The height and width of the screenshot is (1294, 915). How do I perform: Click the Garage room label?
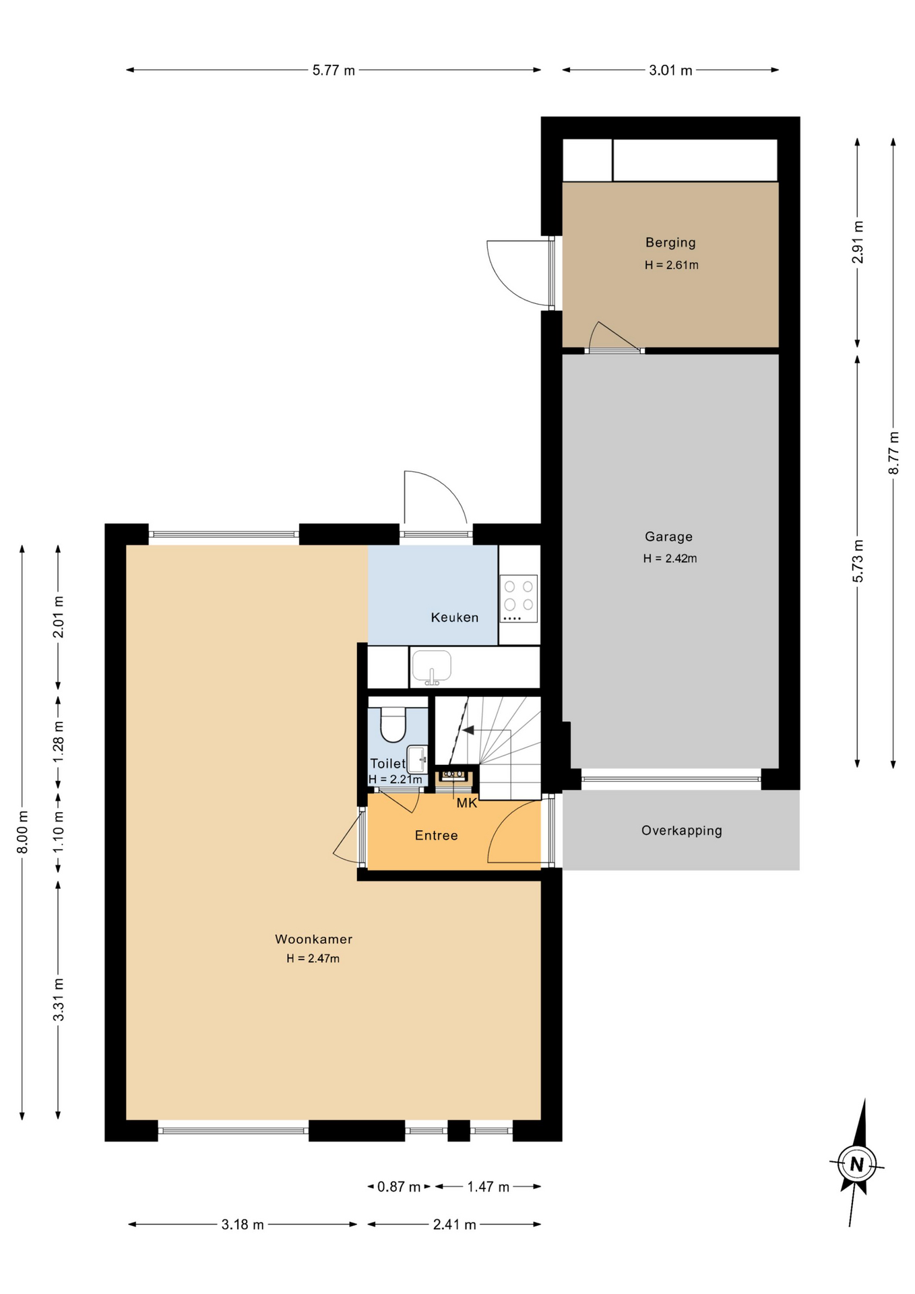[668, 536]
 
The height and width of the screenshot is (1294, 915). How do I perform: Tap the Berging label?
[670, 243]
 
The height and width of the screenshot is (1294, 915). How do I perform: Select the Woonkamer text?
[313, 939]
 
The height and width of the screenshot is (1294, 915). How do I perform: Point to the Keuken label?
[455, 617]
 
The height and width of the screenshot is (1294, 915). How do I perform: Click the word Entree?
[436, 836]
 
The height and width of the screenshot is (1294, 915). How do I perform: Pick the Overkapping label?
[681, 830]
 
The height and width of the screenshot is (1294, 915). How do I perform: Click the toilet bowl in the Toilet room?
[393, 723]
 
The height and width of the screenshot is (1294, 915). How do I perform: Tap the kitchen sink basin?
[431, 667]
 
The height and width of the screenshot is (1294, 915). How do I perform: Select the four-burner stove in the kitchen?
[518, 598]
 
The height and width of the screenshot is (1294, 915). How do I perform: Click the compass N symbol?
[856, 1164]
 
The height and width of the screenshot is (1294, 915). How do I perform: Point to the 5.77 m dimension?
[334, 70]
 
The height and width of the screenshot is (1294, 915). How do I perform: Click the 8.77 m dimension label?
[893, 453]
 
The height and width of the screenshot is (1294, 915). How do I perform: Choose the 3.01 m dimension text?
[670, 70]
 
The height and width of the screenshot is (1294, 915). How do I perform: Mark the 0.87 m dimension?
[399, 1187]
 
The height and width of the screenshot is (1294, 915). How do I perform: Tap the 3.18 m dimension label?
[243, 1225]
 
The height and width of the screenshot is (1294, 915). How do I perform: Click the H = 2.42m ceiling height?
[670, 558]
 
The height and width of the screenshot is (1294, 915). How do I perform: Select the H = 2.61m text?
[671, 265]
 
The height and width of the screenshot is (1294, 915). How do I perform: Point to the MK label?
[467, 803]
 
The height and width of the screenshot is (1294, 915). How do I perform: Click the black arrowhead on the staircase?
[468, 731]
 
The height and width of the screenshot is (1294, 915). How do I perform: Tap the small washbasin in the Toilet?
[417, 760]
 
